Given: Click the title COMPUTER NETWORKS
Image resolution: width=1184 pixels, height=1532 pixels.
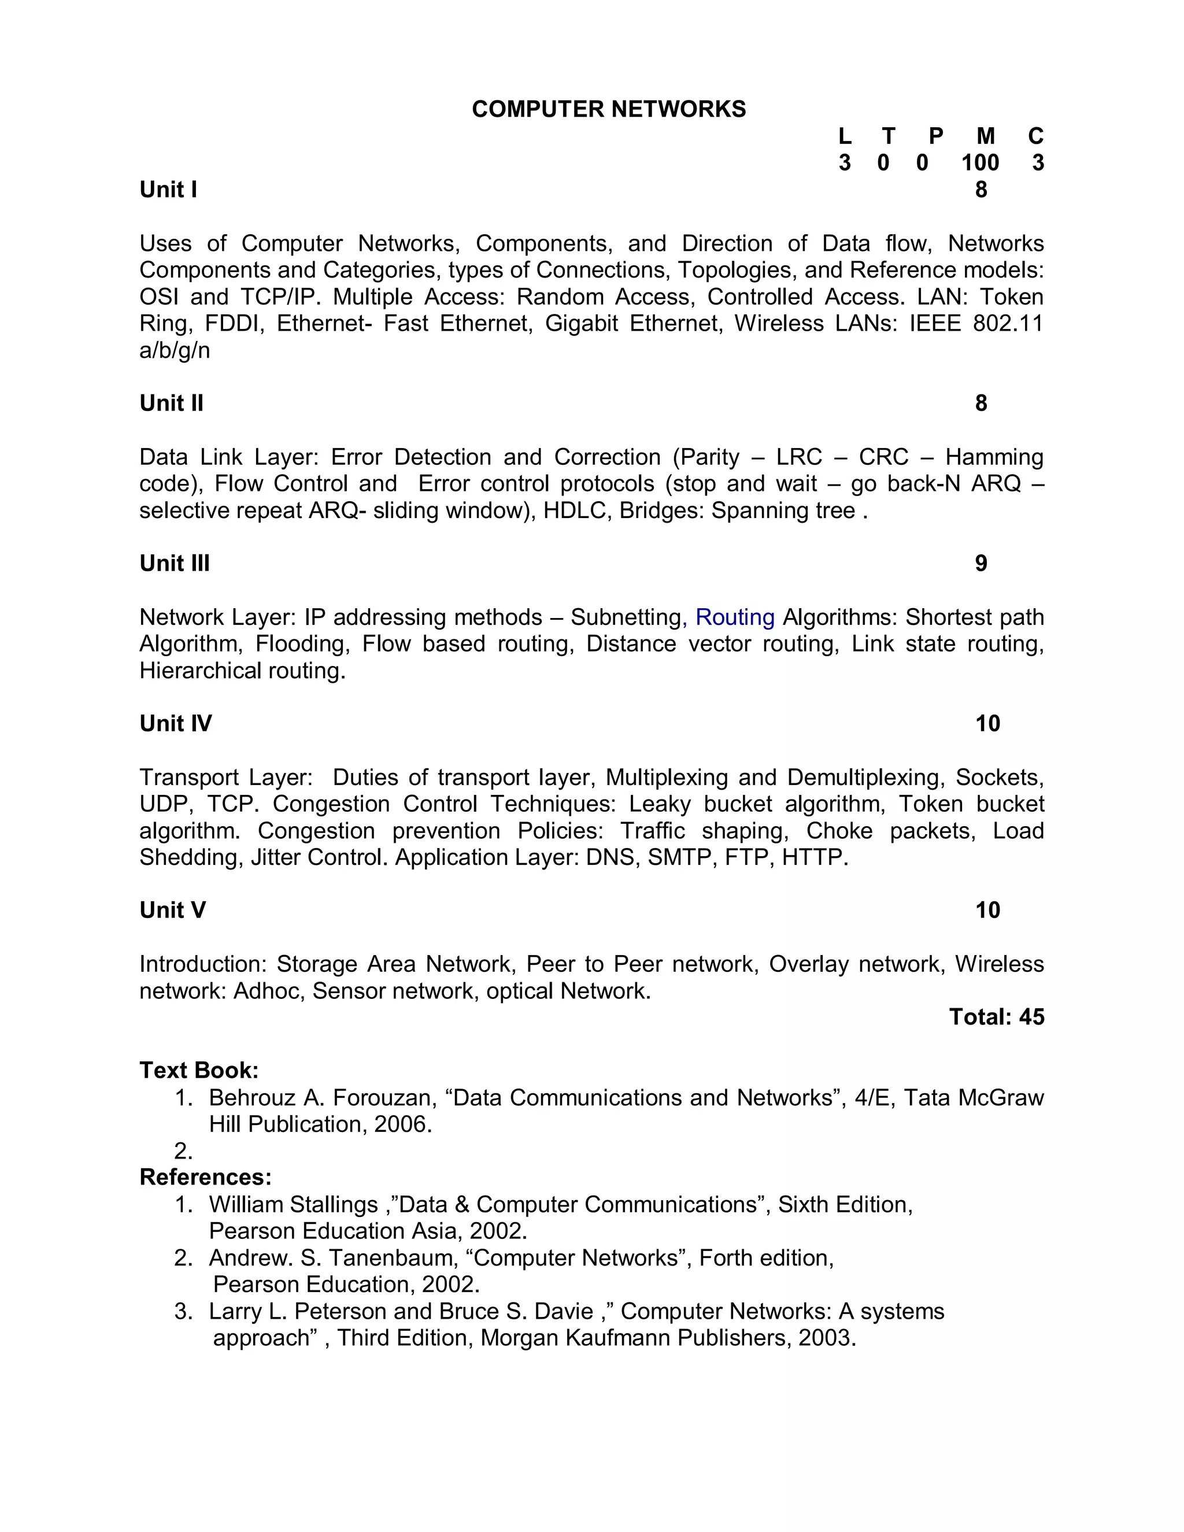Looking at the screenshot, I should [608, 109].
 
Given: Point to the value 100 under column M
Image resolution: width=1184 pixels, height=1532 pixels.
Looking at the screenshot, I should [980, 163].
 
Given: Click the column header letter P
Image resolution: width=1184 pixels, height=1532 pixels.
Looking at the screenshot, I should [936, 136].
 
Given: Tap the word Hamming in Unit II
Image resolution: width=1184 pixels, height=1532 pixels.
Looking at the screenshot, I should [994, 457].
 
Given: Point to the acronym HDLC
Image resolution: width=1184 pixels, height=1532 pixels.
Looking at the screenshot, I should [570, 510].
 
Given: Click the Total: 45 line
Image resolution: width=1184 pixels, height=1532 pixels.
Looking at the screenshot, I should [996, 1017].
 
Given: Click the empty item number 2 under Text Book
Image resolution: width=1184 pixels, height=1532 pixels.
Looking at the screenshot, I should [183, 1151].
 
